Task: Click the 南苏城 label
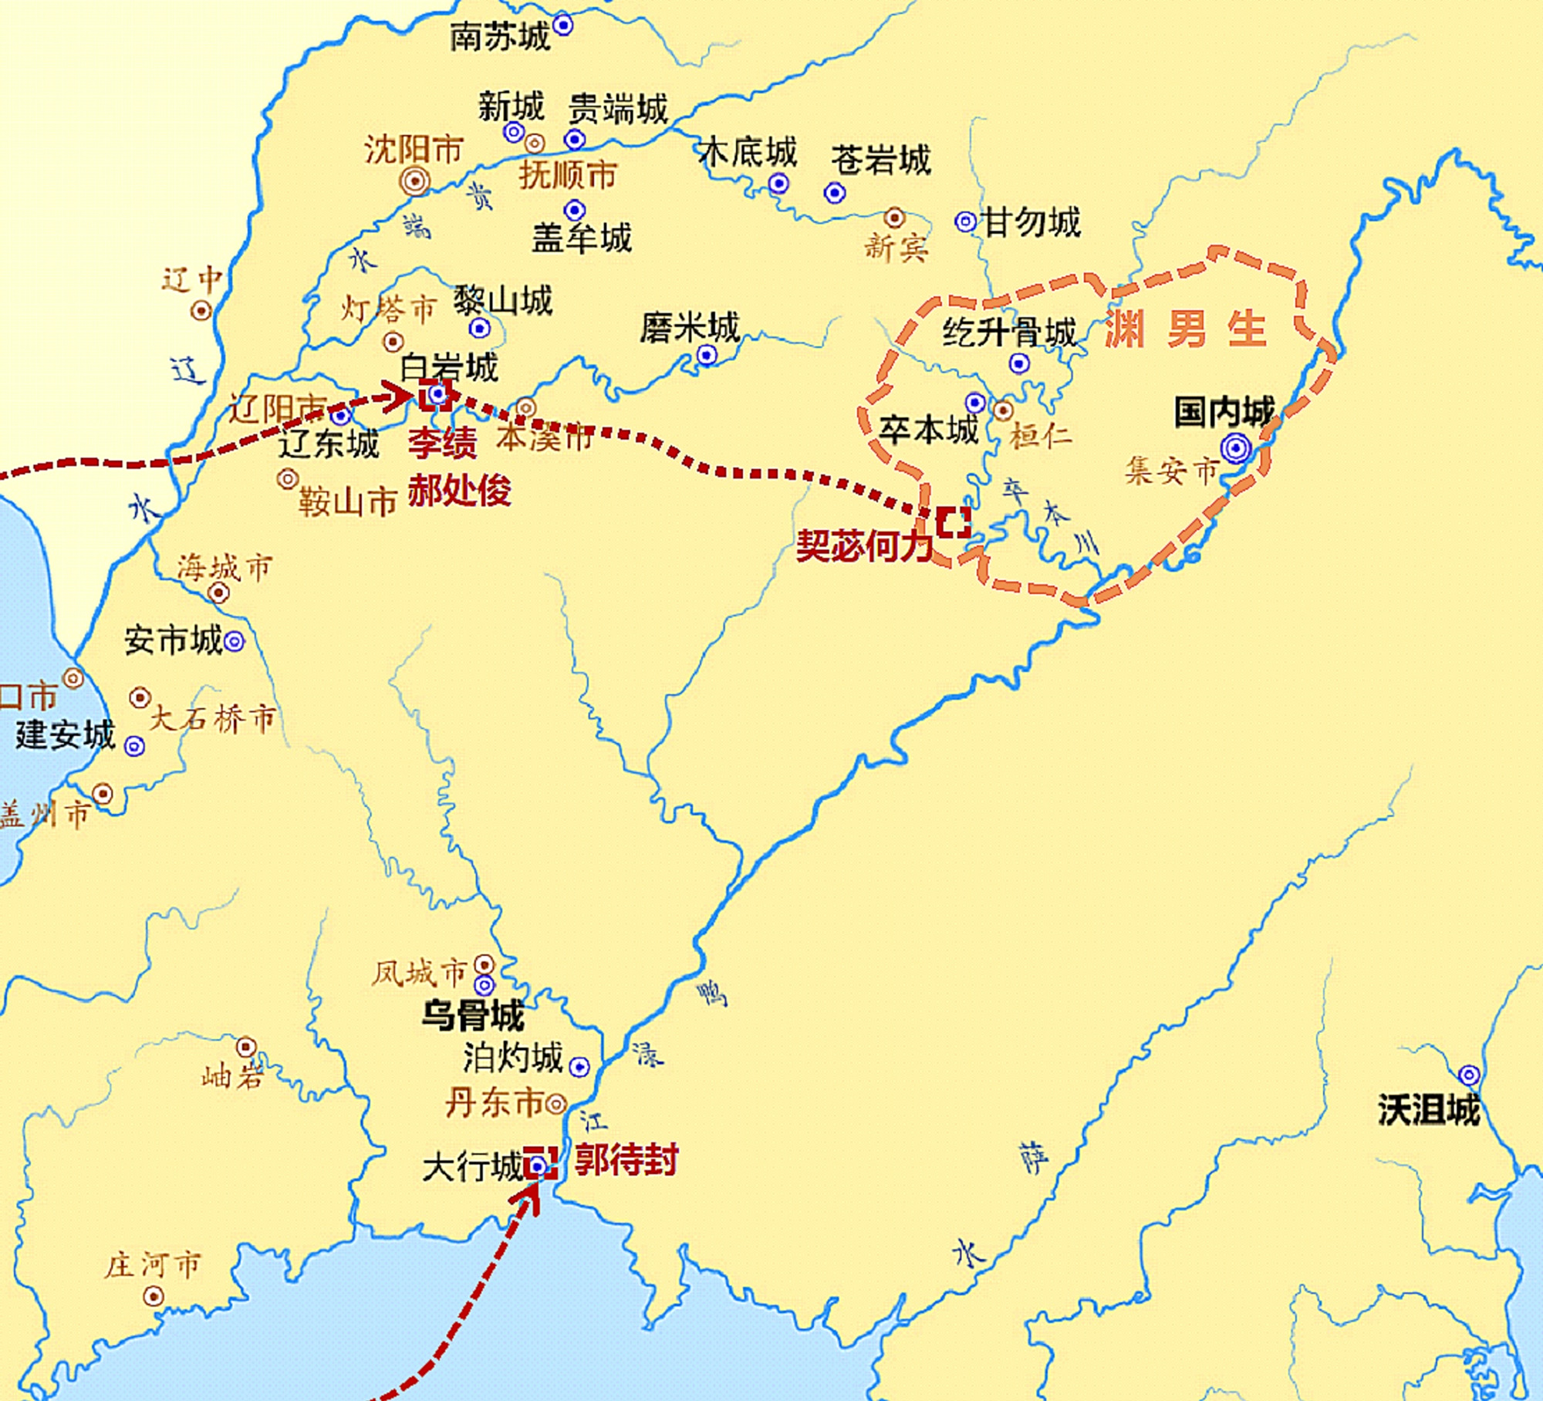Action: [x=500, y=36]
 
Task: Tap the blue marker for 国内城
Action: [x=1235, y=447]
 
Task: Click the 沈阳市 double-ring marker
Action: [x=415, y=181]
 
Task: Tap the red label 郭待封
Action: [x=626, y=1160]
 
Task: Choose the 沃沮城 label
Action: [x=1429, y=1110]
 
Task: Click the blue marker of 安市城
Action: [x=234, y=641]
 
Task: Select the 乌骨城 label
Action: [x=473, y=1015]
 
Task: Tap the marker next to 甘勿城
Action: [x=965, y=222]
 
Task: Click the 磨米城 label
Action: [x=689, y=328]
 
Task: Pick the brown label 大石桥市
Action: [x=212, y=718]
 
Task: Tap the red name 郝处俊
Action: [x=459, y=490]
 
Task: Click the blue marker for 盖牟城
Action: [x=574, y=210]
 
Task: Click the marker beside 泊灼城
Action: [x=579, y=1067]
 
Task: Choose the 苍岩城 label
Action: [x=880, y=160]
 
